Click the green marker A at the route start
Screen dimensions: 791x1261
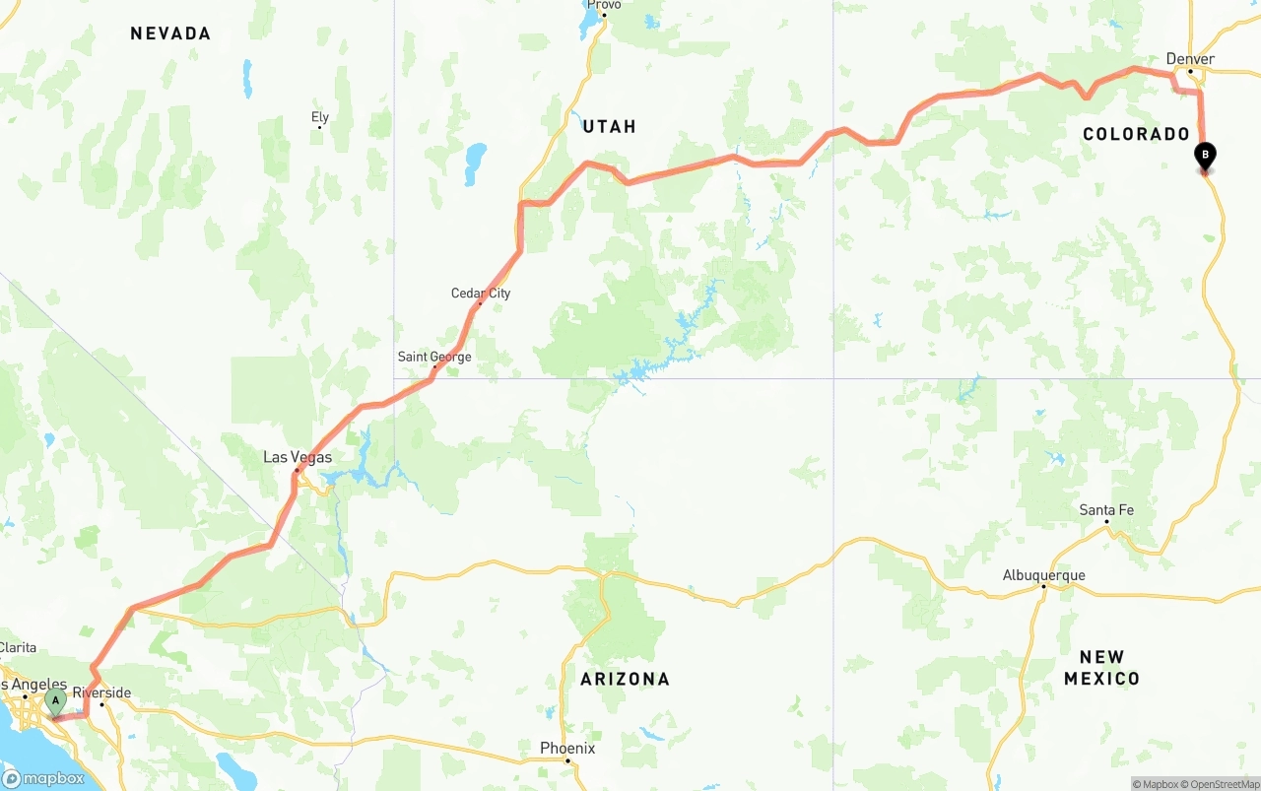55,702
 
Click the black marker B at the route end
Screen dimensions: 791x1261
1205,156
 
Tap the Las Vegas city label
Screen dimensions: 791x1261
297,457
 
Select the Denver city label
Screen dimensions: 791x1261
1190,59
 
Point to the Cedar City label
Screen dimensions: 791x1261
481,293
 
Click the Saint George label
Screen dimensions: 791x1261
434,357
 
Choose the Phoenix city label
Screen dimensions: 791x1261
567,749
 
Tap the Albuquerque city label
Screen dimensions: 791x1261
1043,575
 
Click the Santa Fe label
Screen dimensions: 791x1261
1106,510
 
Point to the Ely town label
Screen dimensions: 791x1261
320,117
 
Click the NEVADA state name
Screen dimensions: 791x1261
170,33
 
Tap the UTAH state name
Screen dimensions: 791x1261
609,126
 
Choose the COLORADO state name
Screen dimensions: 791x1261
1136,134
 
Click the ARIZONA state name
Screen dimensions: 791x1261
625,679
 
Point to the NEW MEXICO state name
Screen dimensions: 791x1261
1101,667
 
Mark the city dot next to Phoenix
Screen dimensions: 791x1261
567,761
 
